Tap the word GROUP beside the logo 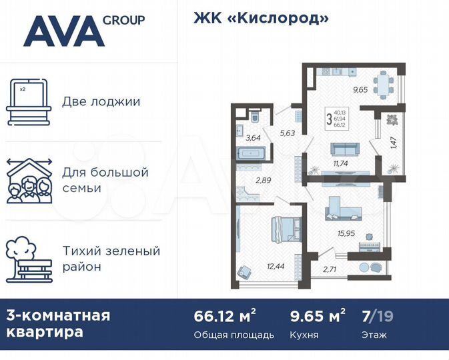point(123,20)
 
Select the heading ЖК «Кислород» point(261,18)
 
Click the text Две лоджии point(101,102)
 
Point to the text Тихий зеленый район point(111,259)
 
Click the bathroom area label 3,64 point(253,139)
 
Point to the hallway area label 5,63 point(287,133)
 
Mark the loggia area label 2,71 point(330,269)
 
